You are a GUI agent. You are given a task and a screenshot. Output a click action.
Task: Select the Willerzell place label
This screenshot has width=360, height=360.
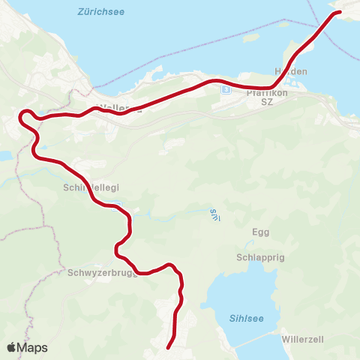click(x=302, y=339)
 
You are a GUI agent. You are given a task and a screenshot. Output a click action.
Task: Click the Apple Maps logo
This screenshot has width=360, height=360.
click(x=27, y=347)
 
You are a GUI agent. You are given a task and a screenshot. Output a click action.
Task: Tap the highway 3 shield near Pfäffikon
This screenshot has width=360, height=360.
click(x=226, y=90)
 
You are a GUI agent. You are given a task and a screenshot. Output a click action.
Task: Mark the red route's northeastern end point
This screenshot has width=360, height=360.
click(x=339, y=12)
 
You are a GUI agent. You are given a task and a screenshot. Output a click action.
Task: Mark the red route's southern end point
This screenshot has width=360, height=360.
click(x=167, y=347)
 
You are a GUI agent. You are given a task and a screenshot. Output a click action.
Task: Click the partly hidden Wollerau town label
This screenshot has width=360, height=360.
click(x=120, y=107)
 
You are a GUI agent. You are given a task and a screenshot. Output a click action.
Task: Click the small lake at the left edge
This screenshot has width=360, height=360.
click(x=4, y=156)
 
